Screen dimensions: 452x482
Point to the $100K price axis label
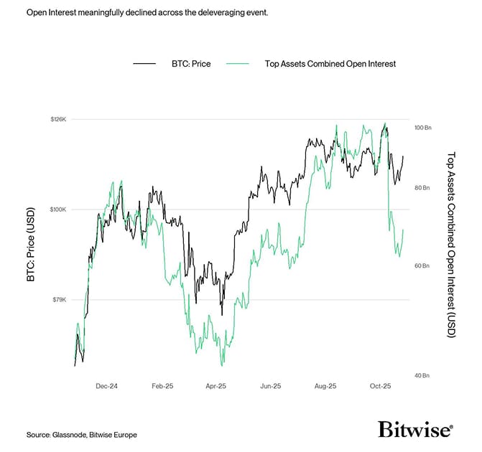tap(57, 209)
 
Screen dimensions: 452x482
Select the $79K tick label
tap(59, 299)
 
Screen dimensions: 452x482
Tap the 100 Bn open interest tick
tap(422, 127)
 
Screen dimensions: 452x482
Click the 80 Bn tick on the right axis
tap(422, 188)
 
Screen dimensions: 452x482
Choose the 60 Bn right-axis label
tap(422, 265)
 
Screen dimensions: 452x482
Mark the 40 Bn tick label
tap(422, 375)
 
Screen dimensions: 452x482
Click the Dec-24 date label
tap(106, 386)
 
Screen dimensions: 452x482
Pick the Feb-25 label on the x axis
tap(162, 386)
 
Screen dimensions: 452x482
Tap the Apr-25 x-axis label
tap(216, 386)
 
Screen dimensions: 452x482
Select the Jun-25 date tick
tap(270, 386)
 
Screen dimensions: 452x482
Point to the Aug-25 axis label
tap(325, 386)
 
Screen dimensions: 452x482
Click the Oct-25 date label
tap(380, 386)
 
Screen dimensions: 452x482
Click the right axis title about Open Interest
tap(451, 244)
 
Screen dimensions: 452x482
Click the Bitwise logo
tap(415, 429)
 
